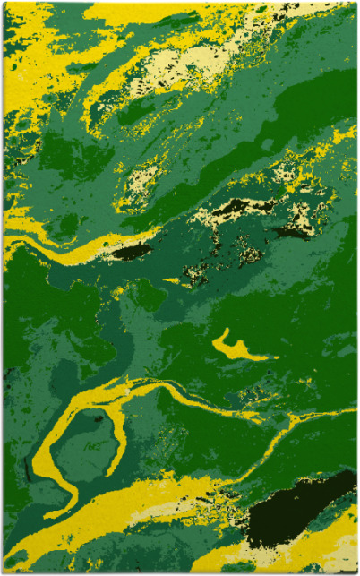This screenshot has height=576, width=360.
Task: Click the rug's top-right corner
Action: [x=356, y=3]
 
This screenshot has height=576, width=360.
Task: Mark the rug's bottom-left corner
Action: [x=4, y=572]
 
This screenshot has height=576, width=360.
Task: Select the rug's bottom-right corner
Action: [x=356, y=572]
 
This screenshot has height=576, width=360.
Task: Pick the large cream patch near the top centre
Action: [x=179, y=63]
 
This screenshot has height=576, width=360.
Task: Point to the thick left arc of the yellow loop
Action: [x=45, y=448]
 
